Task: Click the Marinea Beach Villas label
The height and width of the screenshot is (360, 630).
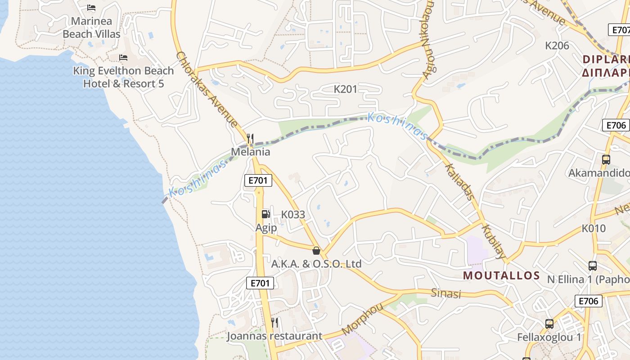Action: click(x=91, y=27)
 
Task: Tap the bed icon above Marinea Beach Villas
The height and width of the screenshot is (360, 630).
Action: click(x=91, y=8)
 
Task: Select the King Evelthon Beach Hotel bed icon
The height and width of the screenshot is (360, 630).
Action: click(x=123, y=58)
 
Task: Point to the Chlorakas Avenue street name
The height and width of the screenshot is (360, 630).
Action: click(x=207, y=89)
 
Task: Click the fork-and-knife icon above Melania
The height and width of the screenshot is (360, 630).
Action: click(x=250, y=139)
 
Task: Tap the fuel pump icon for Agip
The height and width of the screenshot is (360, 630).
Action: click(x=266, y=215)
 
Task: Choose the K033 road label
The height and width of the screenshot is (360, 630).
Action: click(x=293, y=215)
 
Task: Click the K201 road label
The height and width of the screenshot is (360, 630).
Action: click(x=345, y=89)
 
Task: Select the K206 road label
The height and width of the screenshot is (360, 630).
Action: click(x=557, y=45)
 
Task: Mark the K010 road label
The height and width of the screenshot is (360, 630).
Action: click(x=594, y=228)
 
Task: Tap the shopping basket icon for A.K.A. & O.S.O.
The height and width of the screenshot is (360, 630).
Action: click(x=316, y=251)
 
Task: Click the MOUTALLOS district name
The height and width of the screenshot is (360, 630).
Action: click(x=501, y=275)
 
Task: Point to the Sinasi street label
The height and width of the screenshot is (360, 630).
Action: click(x=446, y=293)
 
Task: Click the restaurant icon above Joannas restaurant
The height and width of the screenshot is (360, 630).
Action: click(x=274, y=323)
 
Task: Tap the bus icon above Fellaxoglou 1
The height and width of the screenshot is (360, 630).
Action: click(x=549, y=324)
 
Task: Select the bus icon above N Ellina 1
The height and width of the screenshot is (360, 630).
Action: click(x=593, y=266)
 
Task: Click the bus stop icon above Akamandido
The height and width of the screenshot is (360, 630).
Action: click(x=606, y=160)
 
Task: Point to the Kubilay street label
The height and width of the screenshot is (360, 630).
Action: click(x=494, y=241)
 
